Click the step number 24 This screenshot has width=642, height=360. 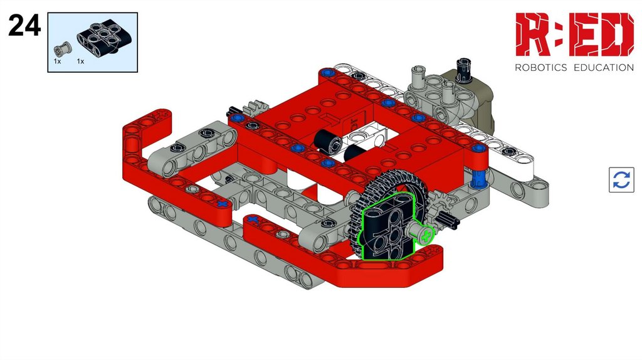click(24, 25)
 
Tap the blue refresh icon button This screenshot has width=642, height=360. click(621, 180)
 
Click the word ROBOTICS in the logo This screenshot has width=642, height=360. click(540, 68)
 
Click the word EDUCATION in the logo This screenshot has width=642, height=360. click(604, 68)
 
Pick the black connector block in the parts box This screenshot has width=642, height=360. click(105, 37)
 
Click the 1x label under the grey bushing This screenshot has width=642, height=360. click(57, 61)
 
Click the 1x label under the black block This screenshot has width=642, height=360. click(80, 61)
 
